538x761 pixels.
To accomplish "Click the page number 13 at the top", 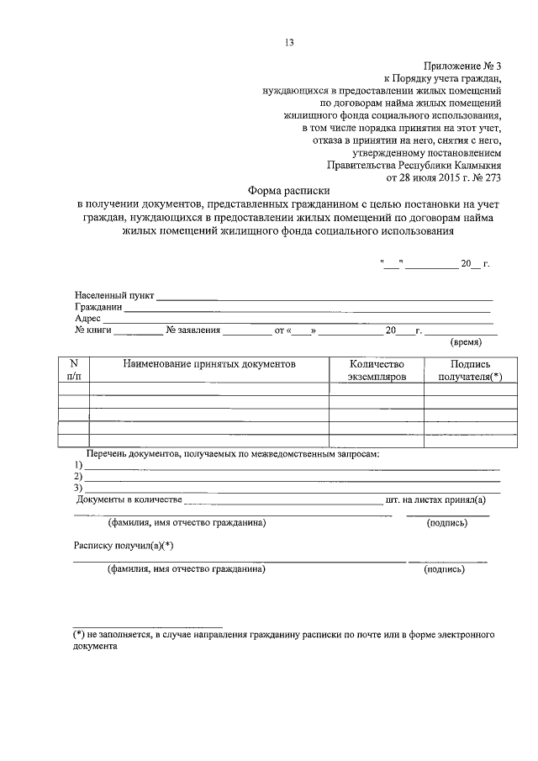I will coord(289,42).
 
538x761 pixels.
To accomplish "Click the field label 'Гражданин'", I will coord(98,307).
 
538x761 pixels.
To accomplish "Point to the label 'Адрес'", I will coord(88,319).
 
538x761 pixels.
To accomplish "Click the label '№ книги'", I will coord(93,330).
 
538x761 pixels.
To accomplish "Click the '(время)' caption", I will coord(466,343).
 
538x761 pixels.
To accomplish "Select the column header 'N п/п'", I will coord(73,371).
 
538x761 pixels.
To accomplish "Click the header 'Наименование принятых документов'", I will coord(209,365).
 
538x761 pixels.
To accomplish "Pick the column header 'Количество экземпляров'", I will coord(376,371).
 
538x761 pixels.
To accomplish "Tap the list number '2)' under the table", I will coord(78,476).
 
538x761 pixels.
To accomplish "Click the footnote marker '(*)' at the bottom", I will coord(81,632).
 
